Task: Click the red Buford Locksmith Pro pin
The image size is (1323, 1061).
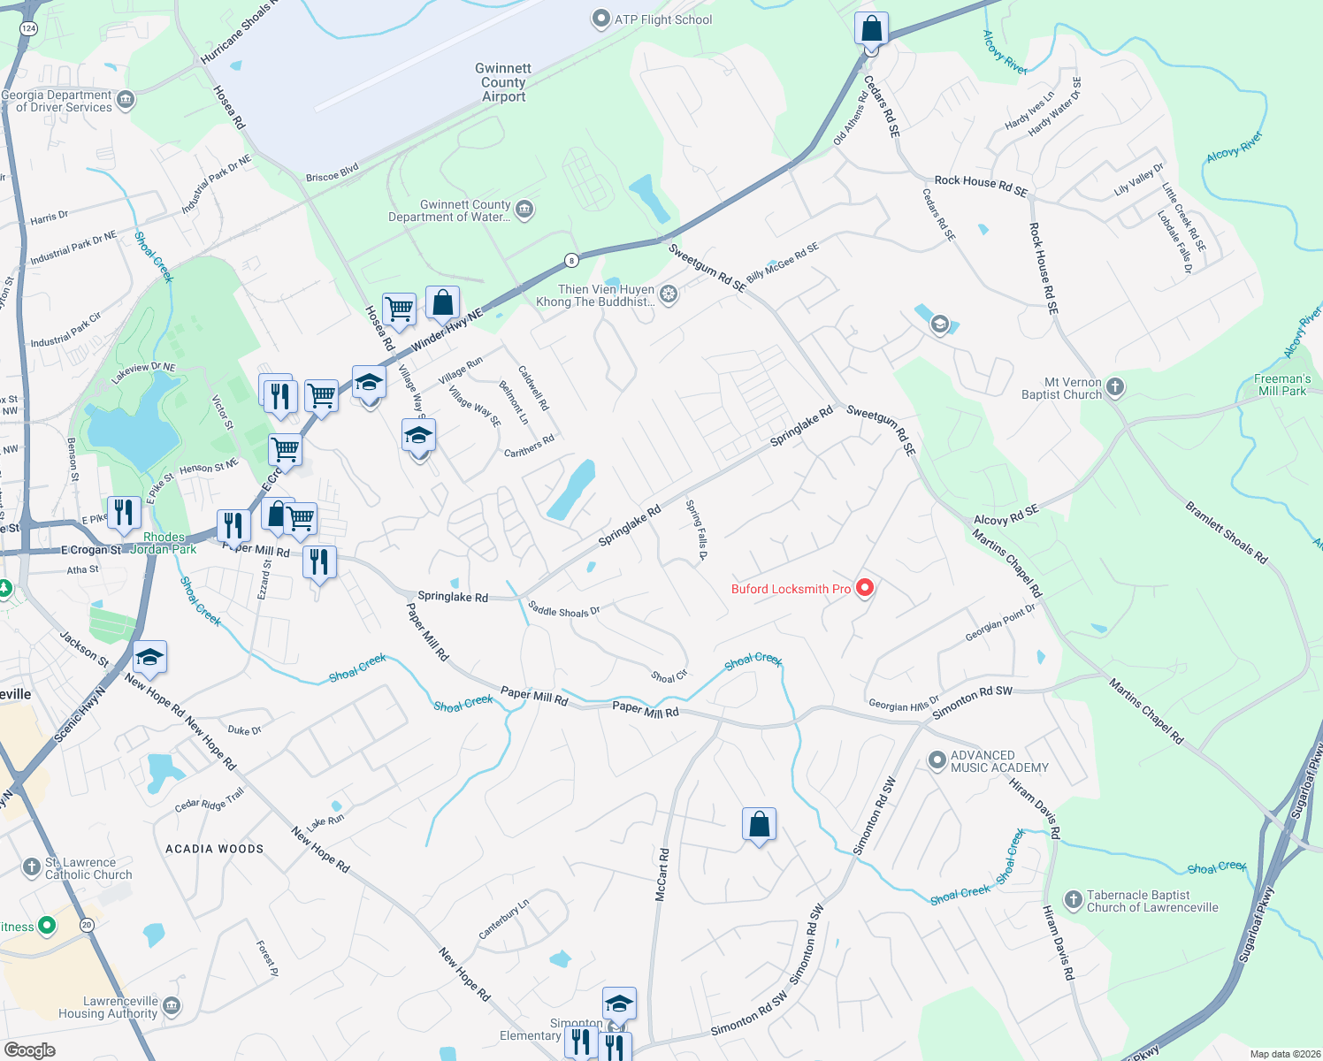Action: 865,587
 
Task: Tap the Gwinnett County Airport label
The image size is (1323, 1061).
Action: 503,82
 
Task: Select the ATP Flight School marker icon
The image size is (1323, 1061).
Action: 601,19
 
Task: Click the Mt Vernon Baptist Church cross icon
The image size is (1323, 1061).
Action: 1115,386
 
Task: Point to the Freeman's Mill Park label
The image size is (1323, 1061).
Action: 1281,385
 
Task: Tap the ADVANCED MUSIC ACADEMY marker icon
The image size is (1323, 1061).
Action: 937,760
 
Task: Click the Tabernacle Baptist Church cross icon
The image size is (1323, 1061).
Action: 1073,900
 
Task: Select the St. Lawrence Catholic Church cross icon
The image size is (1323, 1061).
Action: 32,866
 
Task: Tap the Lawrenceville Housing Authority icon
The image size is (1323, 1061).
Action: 172,1005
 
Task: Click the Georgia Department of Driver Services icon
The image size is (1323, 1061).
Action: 126,100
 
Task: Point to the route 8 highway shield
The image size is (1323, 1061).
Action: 572,260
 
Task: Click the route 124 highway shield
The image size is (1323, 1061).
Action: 28,28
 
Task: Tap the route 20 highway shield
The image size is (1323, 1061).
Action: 87,925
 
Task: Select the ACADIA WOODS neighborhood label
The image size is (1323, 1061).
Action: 215,849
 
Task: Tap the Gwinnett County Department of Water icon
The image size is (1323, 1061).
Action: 524,210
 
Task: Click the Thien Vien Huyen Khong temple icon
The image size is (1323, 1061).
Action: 669,294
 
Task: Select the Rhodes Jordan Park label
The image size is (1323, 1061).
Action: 164,543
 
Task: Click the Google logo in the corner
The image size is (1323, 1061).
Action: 29,1050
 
